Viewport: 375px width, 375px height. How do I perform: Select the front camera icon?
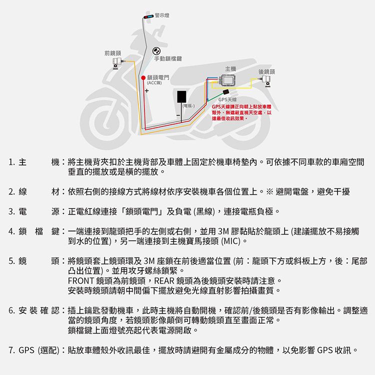pyautogui.click(x=118, y=62)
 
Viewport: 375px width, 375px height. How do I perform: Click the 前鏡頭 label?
pyautogui.click(x=112, y=52)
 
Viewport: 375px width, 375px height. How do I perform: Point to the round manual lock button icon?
pyautogui.click(x=156, y=51)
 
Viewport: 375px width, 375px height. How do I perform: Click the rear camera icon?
pyautogui.click(x=268, y=81)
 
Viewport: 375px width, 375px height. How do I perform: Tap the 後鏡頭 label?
pyautogui.click(x=266, y=71)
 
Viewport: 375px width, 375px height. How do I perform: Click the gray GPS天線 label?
pyautogui.click(x=227, y=100)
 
